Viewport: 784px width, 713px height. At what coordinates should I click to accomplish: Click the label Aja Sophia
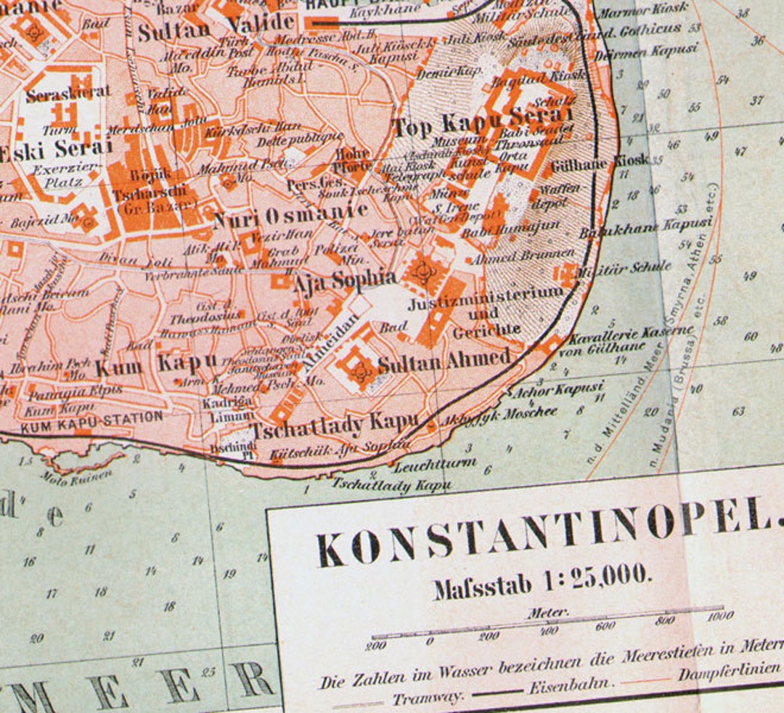click(x=345, y=280)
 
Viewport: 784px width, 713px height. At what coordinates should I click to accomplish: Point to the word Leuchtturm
click(x=436, y=464)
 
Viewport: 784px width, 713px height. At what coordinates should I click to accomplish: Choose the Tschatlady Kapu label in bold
click(x=335, y=424)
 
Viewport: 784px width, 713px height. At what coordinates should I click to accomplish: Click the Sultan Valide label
click(x=216, y=28)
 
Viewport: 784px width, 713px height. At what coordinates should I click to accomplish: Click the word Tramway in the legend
click(x=428, y=698)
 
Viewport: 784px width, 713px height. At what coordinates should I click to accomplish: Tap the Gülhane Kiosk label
click(x=599, y=163)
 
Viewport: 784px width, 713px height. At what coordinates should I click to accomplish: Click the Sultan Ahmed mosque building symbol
click(x=358, y=367)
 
